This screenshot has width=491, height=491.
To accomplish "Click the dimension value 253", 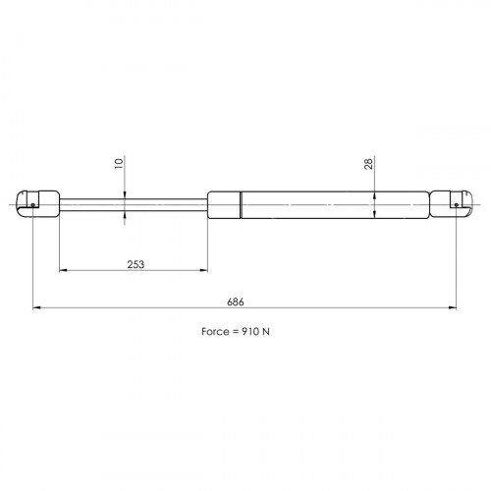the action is pyautogui.click(x=136, y=264).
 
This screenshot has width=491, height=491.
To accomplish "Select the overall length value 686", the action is pyautogui.click(x=236, y=301).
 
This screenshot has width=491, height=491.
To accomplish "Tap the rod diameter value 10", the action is pyautogui.click(x=119, y=163).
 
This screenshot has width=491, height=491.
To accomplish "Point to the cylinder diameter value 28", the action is pyautogui.click(x=368, y=164).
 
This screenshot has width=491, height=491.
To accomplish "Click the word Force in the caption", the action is pyautogui.click(x=215, y=332).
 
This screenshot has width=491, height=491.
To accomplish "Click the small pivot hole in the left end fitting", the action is pyautogui.click(x=32, y=205).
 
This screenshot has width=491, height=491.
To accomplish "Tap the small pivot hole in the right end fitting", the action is pyautogui.click(x=457, y=205).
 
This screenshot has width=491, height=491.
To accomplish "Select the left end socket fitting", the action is pyautogui.click(x=38, y=203).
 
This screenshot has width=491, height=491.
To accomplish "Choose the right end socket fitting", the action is pyautogui.click(x=451, y=204).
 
